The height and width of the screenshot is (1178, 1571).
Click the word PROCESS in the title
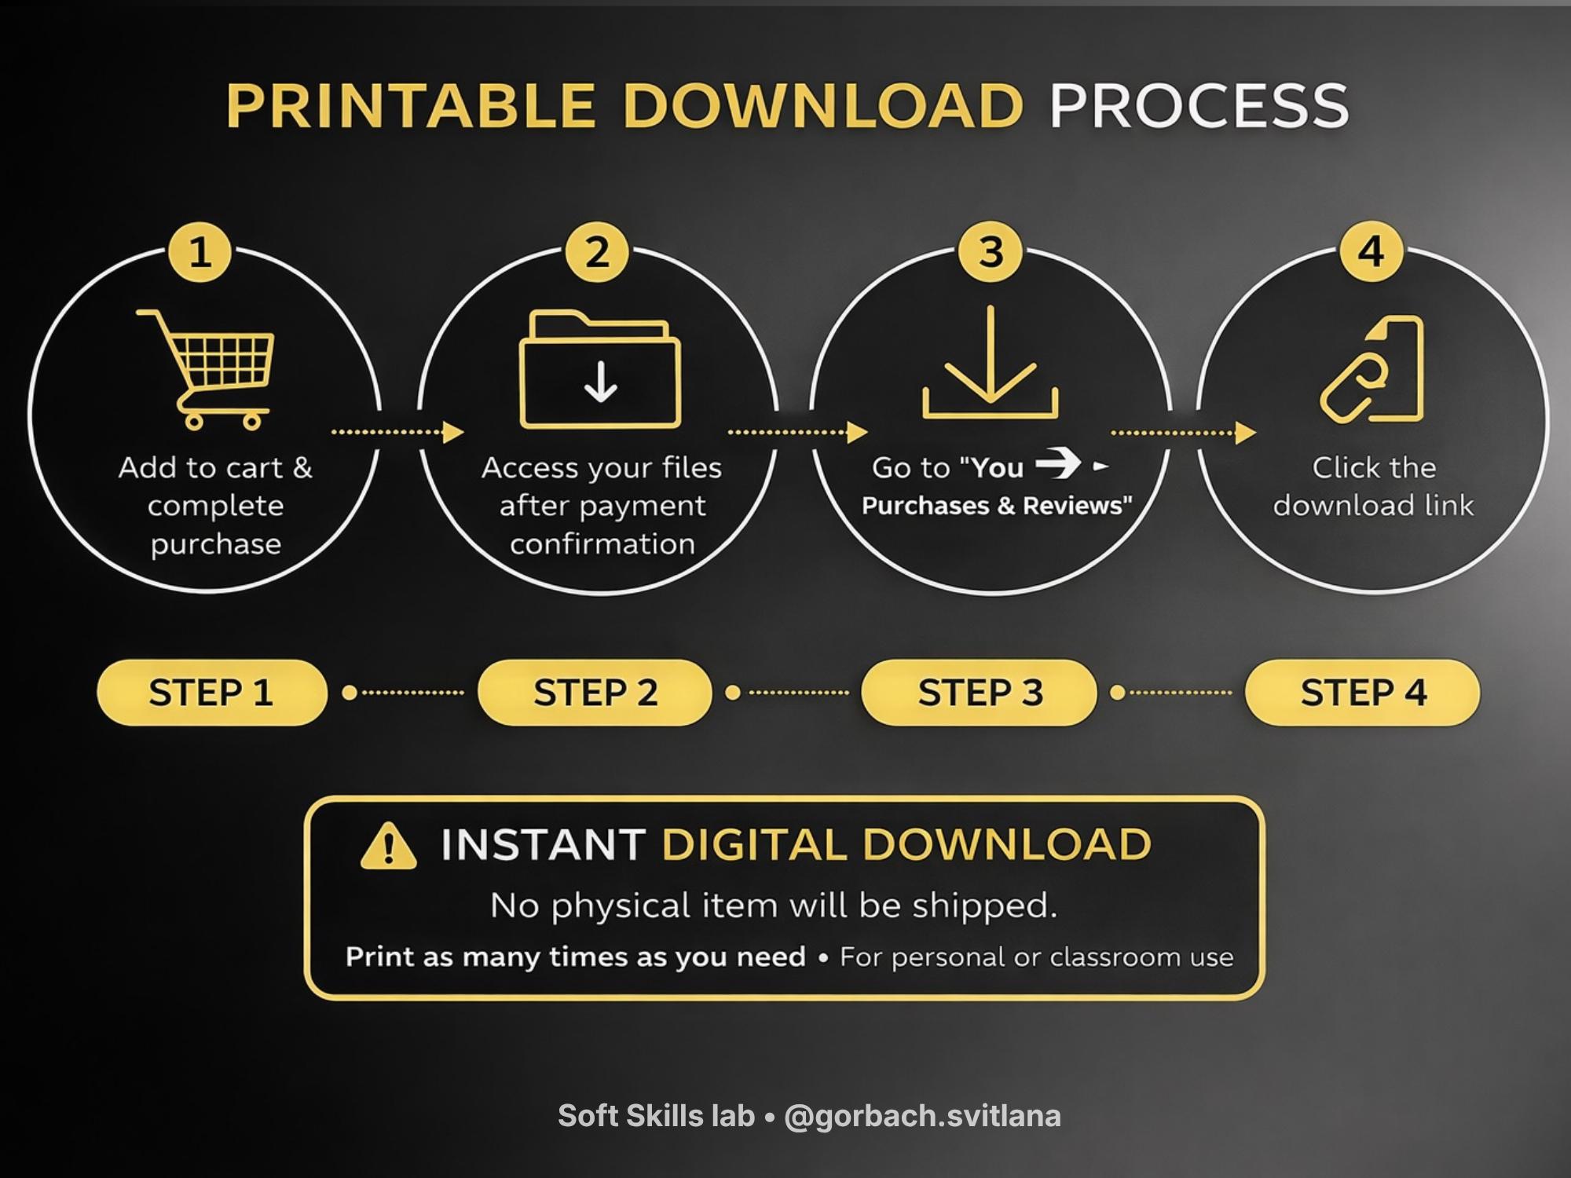click(x=1199, y=105)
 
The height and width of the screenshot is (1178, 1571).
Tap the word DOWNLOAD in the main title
click(x=823, y=105)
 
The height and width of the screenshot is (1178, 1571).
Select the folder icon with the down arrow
click(x=601, y=369)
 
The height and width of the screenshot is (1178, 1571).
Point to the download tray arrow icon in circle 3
click(x=991, y=363)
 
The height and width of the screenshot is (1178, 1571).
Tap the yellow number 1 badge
click(x=200, y=252)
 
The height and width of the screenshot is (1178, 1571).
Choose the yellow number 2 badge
click(x=597, y=252)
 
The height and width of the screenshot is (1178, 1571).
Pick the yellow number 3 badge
click(x=991, y=252)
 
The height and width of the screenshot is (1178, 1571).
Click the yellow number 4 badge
click(x=1371, y=251)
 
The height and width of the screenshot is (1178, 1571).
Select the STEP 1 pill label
click(x=211, y=692)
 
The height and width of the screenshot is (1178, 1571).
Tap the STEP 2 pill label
click(x=595, y=692)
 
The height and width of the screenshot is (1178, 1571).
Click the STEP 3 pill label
click(x=980, y=692)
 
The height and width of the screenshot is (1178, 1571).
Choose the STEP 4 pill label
click(x=1363, y=692)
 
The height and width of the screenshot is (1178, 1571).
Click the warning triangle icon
click(x=388, y=846)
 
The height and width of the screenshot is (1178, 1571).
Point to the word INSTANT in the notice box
click(x=543, y=845)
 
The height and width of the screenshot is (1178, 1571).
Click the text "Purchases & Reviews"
click(x=997, y=506)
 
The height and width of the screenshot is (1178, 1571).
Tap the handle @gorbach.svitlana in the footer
click(x=922, y=1116)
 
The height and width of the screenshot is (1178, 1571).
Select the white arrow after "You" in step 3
click(x=1058, y=464)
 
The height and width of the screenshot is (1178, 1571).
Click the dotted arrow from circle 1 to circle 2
click(x=397, y=432)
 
